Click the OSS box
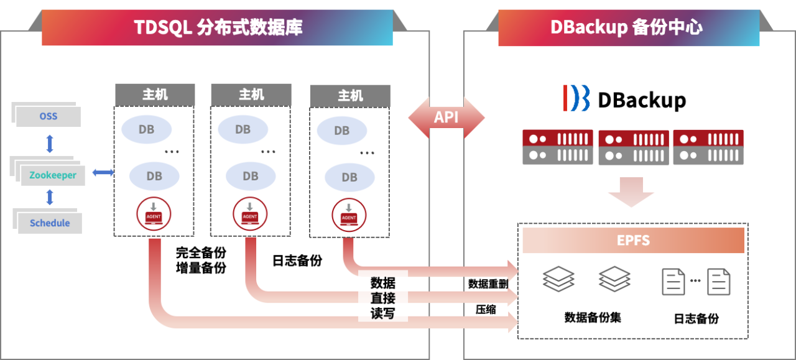pos(49,116)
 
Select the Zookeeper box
pos(53,175)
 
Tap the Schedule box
pos(50,223)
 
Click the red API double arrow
pos(446,117)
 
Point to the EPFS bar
pos(633,241)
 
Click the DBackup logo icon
pos(576,98)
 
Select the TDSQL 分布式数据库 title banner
pos(217,27)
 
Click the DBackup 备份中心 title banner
pos(628,27)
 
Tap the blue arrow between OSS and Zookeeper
pos(50,144)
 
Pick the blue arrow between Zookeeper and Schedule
pos(50,198)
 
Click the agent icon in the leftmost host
pos(153,213)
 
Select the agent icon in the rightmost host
pos(348,215)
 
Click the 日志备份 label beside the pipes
pos(297,261)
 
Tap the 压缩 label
pos(486,309)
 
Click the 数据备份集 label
pos(592,317)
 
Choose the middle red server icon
pos(633,147)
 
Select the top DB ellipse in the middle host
pos(243,129)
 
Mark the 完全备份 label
pos(200,253)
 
